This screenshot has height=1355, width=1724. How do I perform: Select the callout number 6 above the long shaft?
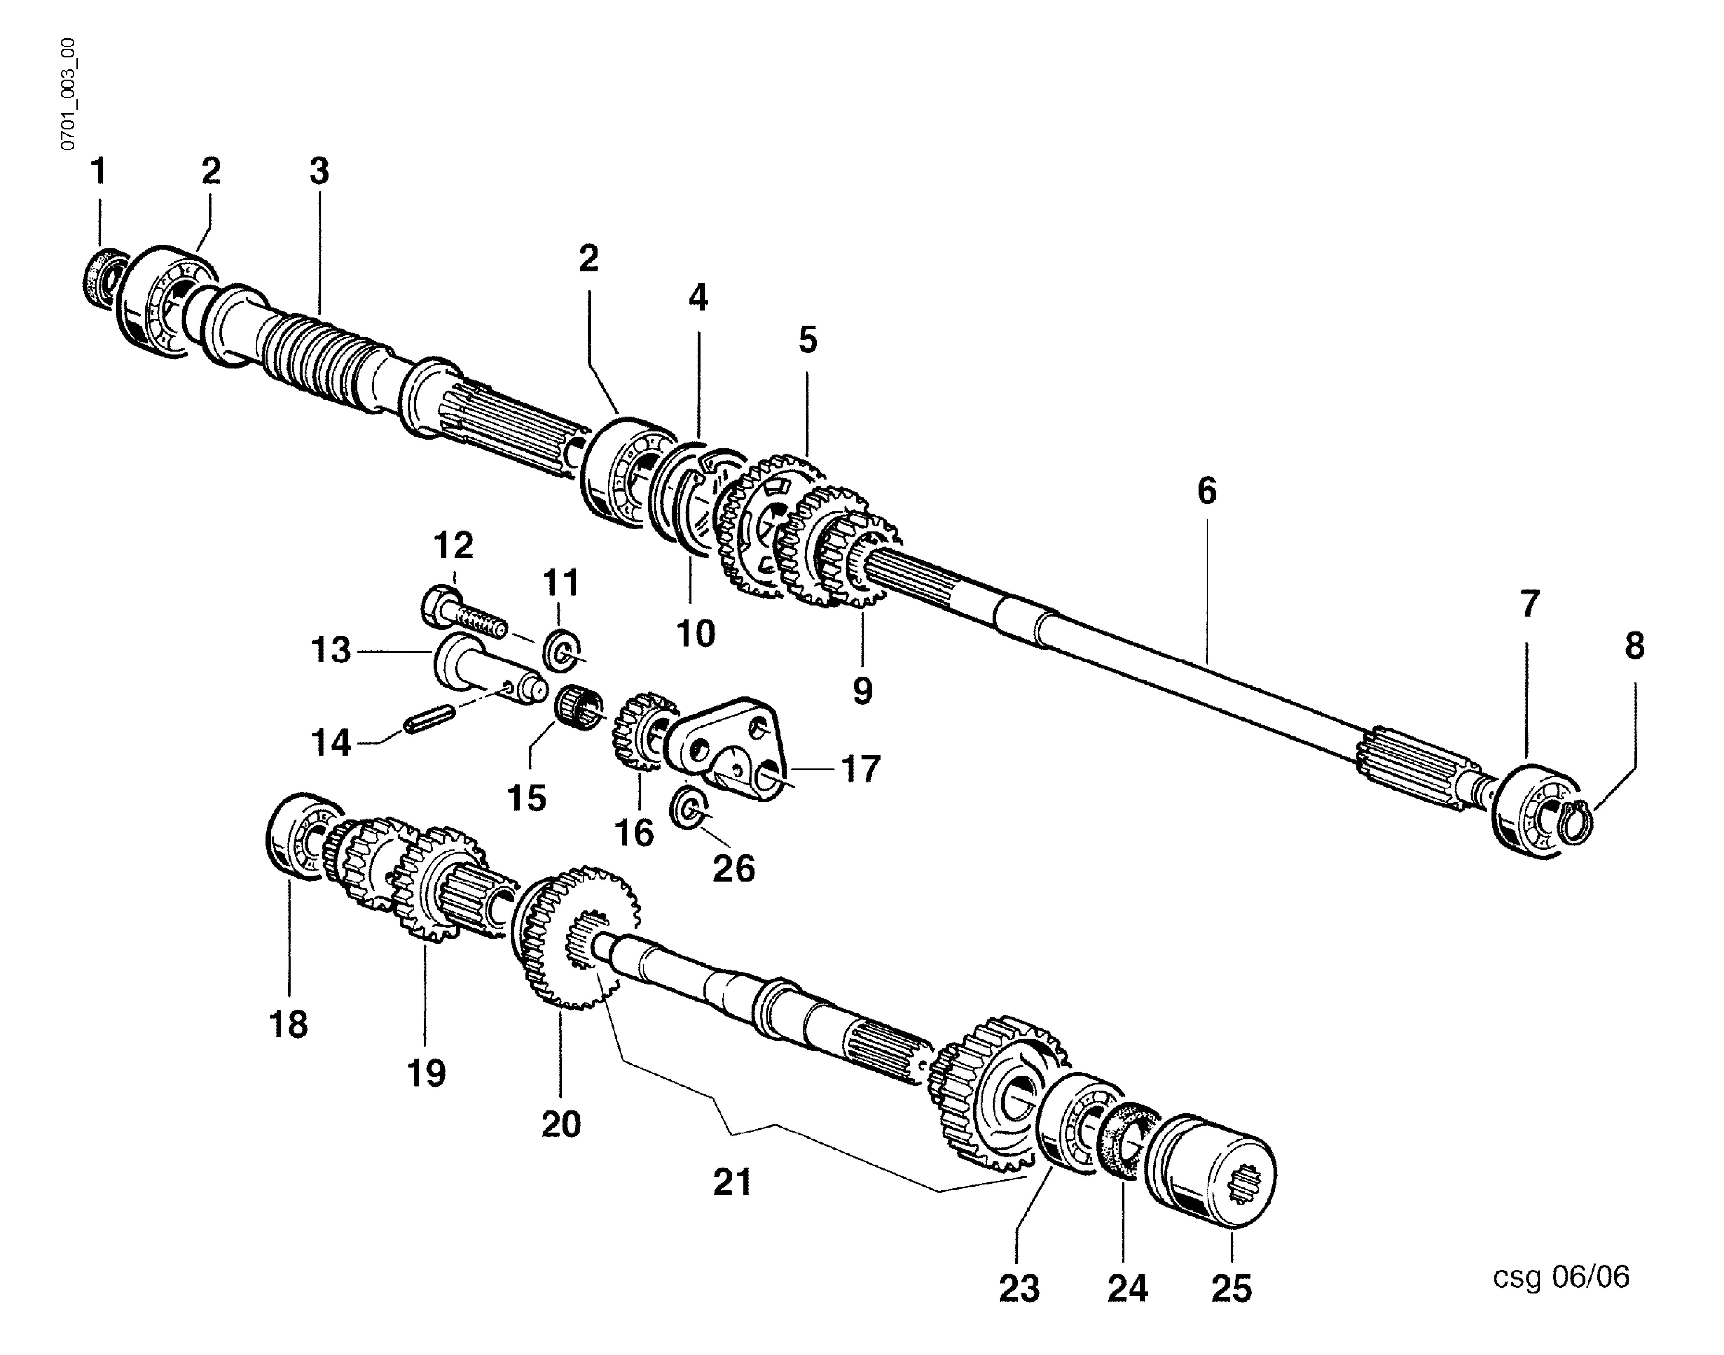[1206, 491]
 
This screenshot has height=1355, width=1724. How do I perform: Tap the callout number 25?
[1231, 1288]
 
